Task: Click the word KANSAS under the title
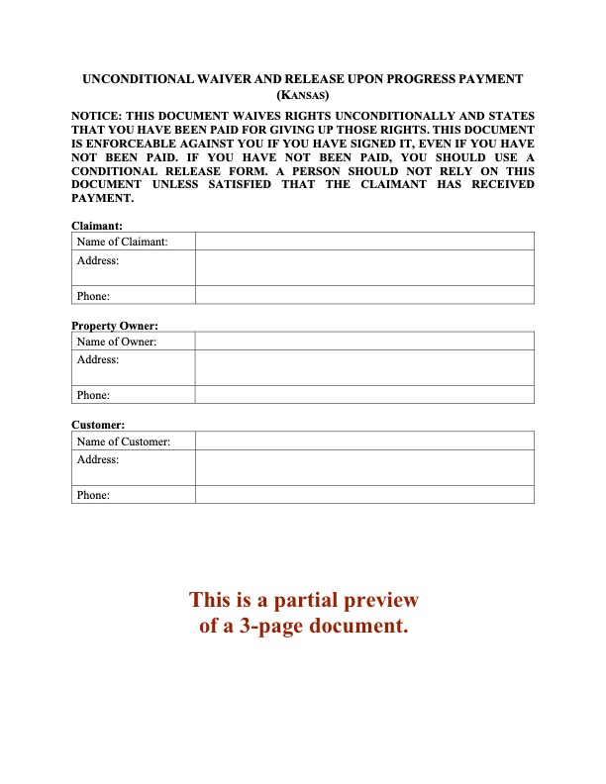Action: coord(303,96)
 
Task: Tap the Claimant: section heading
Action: coord(97,226)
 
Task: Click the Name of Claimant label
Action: coord(122,242)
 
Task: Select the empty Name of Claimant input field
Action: coord(364,242)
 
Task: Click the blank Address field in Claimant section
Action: coord(364,267)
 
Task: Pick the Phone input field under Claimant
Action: coord(364,295)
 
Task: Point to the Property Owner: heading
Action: coord(115,326)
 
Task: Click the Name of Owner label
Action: coord(117,342)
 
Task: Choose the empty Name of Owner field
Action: coord(364,342)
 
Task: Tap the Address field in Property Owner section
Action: coord(364,367)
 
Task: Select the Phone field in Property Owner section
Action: coord(364,395)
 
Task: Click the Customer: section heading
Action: coord(98,426)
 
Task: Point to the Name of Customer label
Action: coord(124,441)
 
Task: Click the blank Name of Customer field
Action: coord(364,441)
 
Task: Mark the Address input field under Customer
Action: coord(364,467)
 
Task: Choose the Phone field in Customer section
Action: coord(364,495)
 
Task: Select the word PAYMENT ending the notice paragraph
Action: coord(101,198)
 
